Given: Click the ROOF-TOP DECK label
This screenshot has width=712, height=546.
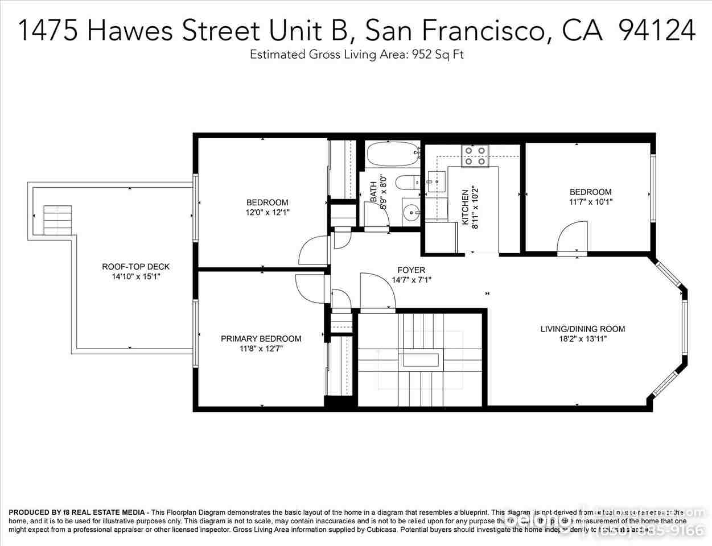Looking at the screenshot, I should click(x=135, y=267).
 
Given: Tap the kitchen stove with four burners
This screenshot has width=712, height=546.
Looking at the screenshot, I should click(x=475, y=156).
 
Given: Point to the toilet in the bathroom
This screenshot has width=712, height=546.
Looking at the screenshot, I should click(x=406, y=183).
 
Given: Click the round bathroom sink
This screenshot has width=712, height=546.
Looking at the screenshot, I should click(x=410, y=212).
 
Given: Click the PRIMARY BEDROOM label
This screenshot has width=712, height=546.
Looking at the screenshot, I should click(x=261, y=339).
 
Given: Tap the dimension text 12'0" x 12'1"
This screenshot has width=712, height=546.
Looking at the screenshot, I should click(x=267, y=213).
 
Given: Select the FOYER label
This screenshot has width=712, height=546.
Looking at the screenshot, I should click(x=411, y=270).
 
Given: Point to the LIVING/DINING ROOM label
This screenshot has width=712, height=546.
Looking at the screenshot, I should click(x=582, y=329).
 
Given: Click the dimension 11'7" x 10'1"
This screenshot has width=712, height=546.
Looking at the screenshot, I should click(x=590, y=202).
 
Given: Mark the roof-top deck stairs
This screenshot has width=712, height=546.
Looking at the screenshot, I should click(x=59, y=220).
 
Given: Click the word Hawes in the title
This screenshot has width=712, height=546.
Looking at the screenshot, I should click(x=131, y=30).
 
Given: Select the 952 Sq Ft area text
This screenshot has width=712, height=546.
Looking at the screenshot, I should click(x=437, y=55).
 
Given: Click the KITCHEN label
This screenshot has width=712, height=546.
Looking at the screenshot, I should click(x=465, y=207).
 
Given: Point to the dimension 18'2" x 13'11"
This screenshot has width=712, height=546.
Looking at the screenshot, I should click(x=582, y=339).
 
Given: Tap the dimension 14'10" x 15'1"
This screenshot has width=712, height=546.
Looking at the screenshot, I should click(x=135, y=277).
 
